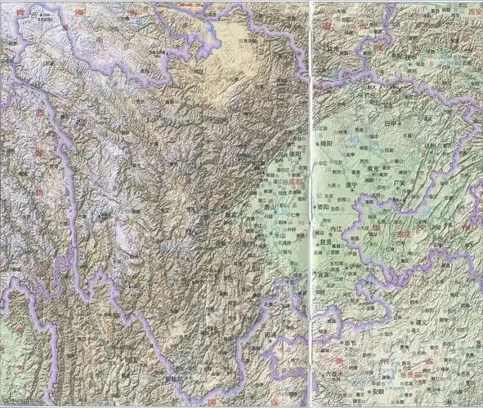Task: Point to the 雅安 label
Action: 240,217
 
